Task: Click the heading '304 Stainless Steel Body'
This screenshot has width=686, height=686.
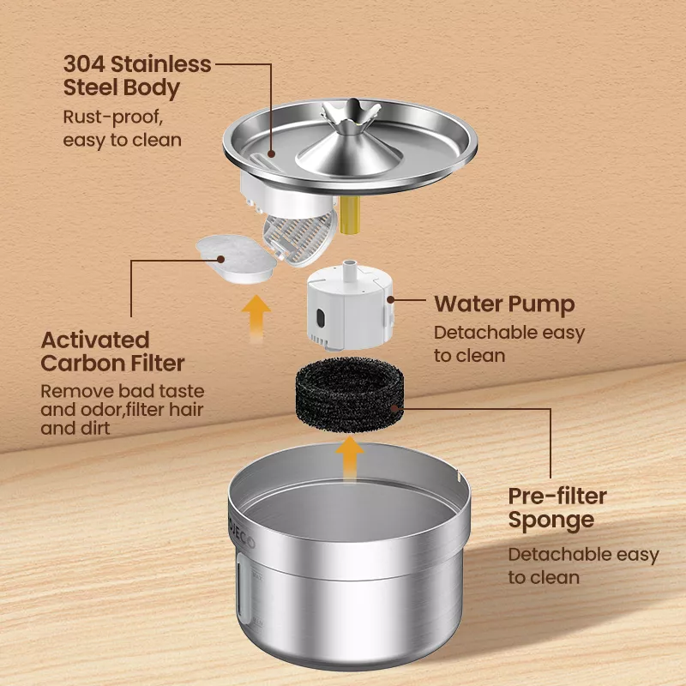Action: tap(136, 75)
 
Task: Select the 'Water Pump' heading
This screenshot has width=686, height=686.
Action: tap(503, 304)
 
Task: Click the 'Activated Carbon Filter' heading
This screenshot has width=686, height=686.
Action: tap(112, 351)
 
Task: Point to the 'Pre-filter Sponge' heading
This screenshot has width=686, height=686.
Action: tap(557, 508)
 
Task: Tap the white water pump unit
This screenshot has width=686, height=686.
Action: tap(346, 304)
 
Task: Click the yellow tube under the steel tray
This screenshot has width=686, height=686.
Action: tap(349, 213)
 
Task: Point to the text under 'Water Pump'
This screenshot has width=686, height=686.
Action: tap(508, 343)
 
